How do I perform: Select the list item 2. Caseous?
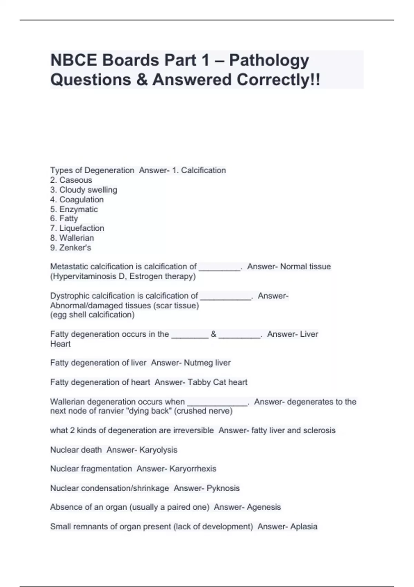[x=71, y=180]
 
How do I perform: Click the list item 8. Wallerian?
[x=72, y=238]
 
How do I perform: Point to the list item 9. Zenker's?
[x=70, y=248]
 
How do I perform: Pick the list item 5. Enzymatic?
[x=74, y=209]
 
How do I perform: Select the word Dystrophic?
[x=70, y=296]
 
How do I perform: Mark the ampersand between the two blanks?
[x=214, y=334]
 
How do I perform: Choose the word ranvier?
[x=109, y=411]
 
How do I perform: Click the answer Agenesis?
[x=264, y=507]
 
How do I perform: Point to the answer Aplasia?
[x=304, y=527]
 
